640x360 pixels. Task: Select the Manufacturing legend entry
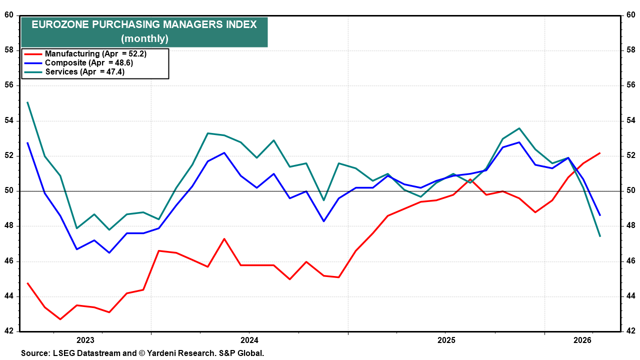click(95, 53)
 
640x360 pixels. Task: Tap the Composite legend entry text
click(89, 62)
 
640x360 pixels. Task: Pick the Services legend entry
click(85, 71)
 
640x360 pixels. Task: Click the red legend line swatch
click(33, 54)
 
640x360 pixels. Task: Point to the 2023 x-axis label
click(85, 340)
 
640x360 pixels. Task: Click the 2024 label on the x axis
click(249, 340)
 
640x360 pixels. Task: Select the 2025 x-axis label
click(446, 340)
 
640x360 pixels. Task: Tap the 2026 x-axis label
click(582, 340)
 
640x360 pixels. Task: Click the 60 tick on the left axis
click(9, 15)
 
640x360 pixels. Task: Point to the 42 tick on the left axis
click(9, 331)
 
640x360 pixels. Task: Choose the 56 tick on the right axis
click(631, 85)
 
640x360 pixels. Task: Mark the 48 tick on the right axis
click(631, 225)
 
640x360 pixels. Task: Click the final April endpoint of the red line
click(599, 153)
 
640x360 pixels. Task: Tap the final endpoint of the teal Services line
click(599, 236)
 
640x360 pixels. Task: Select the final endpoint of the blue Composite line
click(599, 215)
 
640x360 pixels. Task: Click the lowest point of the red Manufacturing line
click(60, 319)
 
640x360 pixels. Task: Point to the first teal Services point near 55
click(27, 102)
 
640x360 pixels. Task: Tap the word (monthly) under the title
click(144, 38)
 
